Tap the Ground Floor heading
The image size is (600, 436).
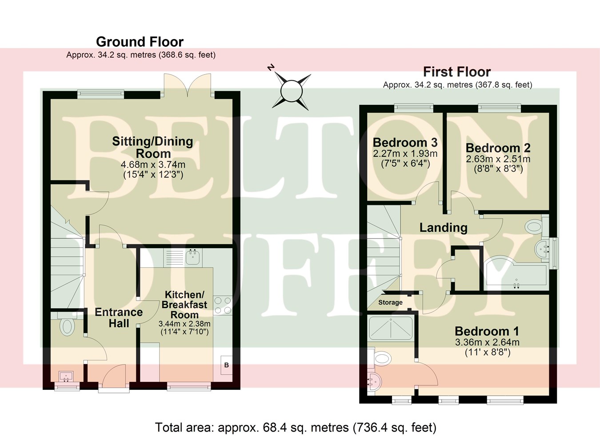point(140,42)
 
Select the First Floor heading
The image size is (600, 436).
point(456,72)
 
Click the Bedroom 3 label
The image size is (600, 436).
point(405,143)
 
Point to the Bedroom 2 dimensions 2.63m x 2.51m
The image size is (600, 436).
point(498,159)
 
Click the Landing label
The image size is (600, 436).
point(443,228)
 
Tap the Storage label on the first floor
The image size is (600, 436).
point(390,302)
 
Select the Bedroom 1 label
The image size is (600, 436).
point(487,331)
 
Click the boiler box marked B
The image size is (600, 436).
point(226,365)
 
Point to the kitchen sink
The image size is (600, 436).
point(193,257)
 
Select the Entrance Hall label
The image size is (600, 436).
point(119,318)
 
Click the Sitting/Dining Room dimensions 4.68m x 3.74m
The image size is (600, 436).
point(153,165)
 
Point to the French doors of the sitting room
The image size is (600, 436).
point(187,84)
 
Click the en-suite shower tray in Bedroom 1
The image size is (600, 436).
point(391,328)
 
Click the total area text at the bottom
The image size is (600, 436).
point(296,428)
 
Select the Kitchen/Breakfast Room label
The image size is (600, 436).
point(184,305)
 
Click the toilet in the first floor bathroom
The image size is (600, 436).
point(534,227)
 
